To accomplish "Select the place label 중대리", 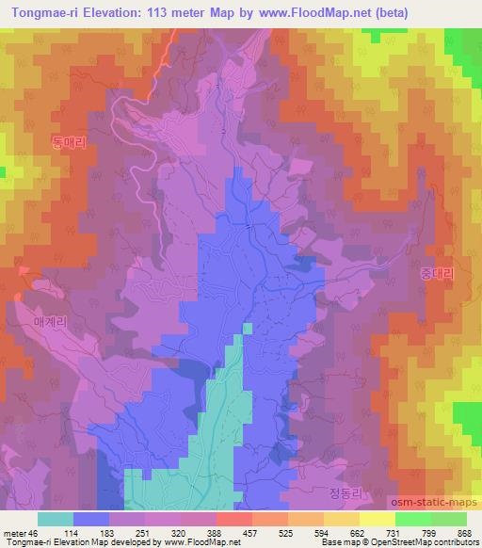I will pyautogui.click(x=436, y=273).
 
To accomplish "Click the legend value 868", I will pyautogui.click(x=465, y=532).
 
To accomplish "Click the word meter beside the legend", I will pyautogui.click(x=13, y=532).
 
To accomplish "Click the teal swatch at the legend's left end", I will pyautogui.click(x=56, y=519).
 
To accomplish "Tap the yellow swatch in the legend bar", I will pyautogui.click(x=378, y=519).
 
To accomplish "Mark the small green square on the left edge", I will pyautogui.click(x=3, y=172).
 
